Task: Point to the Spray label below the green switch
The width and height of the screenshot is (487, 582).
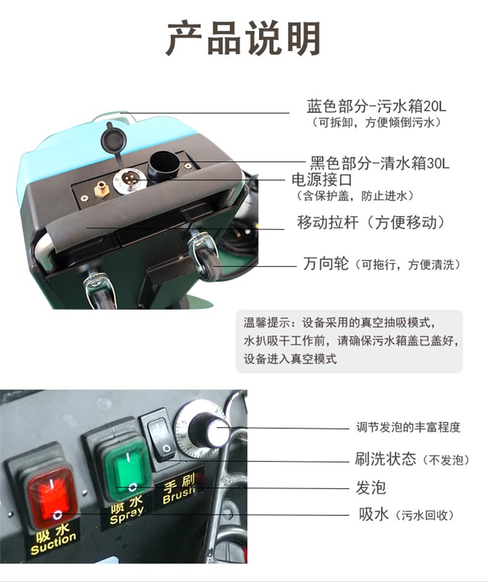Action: (x=127, y=510)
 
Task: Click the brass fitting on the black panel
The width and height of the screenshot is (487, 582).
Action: (x=100, y=189)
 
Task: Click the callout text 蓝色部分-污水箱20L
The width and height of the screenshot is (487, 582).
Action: (x=377, y=106)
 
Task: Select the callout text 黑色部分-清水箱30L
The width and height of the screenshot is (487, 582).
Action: (x=380, y=163)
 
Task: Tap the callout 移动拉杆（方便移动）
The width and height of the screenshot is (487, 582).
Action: (x=370, y=222)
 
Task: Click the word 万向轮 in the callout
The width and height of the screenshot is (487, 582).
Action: (x=325, y=264)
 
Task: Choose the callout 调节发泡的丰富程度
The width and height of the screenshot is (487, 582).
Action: (x=408, y=427)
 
